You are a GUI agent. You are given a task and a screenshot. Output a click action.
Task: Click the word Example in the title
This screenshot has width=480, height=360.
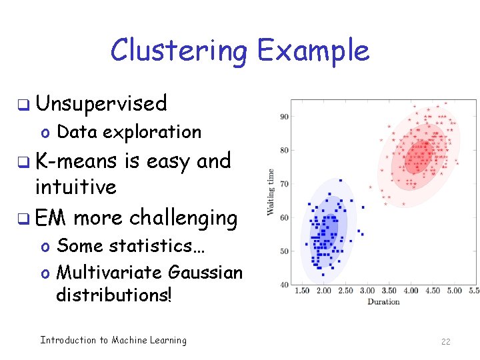[313, 51]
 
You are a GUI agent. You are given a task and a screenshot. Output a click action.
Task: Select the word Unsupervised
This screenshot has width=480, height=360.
[101, 103]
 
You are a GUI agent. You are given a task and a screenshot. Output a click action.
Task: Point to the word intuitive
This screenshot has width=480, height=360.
[75, 187]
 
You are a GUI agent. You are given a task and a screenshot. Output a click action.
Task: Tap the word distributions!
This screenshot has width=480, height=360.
[114, 294]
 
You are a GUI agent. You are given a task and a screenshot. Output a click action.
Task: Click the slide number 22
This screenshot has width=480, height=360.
[445, 341]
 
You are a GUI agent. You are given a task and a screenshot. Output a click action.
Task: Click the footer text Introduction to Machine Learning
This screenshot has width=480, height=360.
[113, 341]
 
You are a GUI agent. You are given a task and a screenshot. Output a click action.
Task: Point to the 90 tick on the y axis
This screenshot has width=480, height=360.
[283, 117]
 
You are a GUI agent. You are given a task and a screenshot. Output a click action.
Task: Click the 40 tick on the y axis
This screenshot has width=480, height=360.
[283, 285]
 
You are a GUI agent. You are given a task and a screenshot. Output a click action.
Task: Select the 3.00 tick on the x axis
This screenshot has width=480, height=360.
[367, 291]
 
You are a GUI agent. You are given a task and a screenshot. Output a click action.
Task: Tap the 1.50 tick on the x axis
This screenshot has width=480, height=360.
[302, 291]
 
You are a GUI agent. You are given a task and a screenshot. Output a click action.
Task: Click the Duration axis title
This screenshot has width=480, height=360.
[383, 302]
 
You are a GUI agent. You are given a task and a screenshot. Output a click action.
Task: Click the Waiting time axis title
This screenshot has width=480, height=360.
[271, 192]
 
